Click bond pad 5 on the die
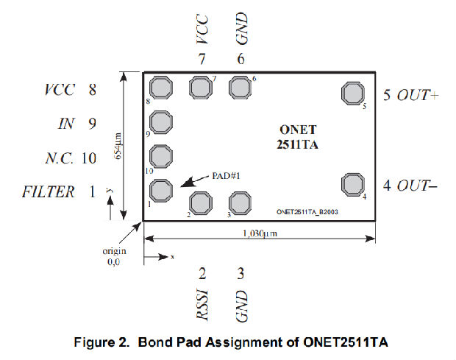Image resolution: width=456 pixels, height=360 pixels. (352, 93)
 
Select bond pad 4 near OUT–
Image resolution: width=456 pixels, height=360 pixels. (352, 184)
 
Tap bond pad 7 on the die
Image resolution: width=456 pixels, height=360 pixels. (200, 88)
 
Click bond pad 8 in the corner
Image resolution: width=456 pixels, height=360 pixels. (161, 88)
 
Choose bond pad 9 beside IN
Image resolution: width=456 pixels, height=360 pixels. (161, 122)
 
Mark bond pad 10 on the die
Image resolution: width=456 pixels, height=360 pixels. (161, 155)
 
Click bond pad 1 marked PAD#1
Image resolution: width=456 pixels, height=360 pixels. (161, 189)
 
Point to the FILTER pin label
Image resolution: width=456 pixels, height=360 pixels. (49, 192)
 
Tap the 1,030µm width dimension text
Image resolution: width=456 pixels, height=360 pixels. (258, 233)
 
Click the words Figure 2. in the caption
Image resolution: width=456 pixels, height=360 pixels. (110, 341)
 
